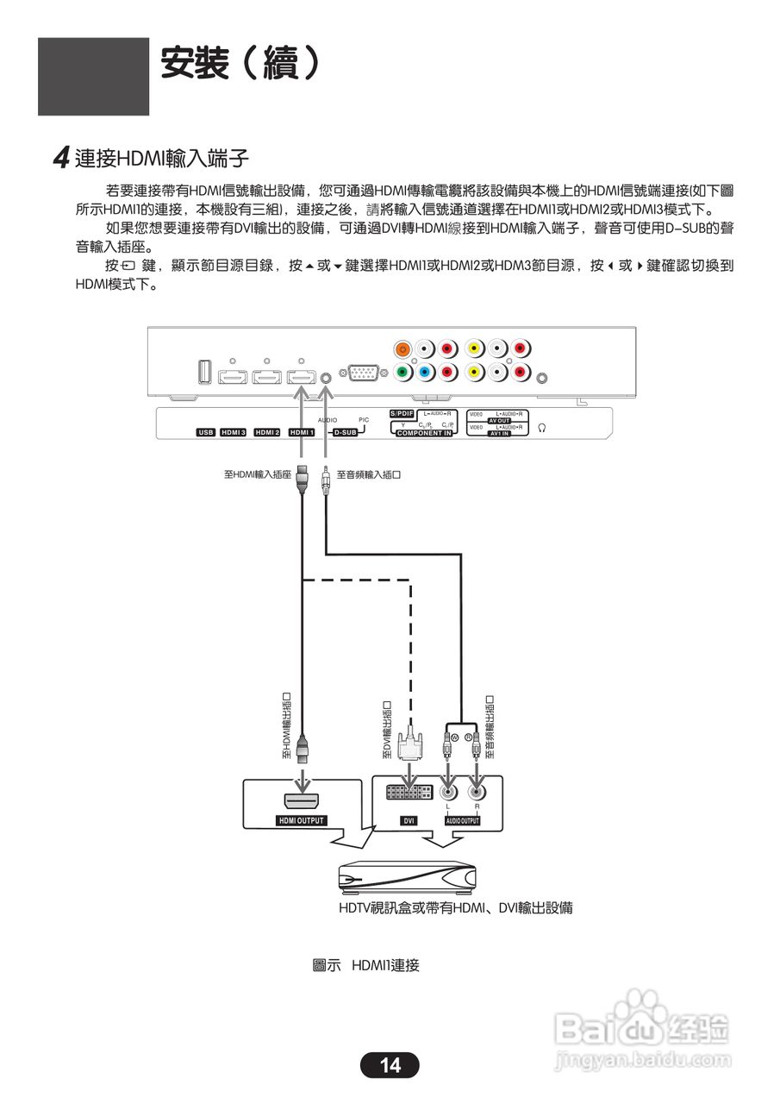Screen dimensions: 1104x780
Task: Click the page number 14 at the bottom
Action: click(390, 1065)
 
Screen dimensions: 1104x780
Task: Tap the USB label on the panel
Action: click(205, 432)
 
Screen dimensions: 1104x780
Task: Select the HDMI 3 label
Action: click(234, 432)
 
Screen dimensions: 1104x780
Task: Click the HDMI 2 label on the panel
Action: click(267, 432)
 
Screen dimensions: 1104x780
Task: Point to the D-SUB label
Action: click(345, 432)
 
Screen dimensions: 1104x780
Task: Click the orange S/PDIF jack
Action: click(402, 349)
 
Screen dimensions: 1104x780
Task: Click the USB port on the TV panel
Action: click(204, 372)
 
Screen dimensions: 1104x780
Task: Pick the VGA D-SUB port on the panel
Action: click(361, 373)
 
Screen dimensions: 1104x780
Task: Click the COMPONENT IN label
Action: click(424, 433)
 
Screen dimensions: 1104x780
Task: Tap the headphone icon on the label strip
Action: click(541, 427)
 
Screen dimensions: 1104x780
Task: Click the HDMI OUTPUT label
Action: click(301, 820)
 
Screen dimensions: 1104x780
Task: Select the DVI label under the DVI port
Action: click(409, 821)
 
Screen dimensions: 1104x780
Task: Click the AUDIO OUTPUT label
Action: click(462, 821)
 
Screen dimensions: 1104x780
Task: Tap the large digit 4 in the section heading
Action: click(61, 158)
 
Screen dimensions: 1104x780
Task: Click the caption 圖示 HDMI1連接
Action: click(365, 965)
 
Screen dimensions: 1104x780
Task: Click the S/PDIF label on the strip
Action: click(402, 414)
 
